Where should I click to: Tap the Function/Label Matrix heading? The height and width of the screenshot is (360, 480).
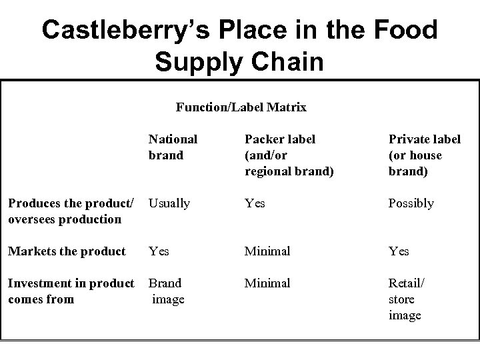point(241,107)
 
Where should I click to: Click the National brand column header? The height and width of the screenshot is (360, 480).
point(173,147)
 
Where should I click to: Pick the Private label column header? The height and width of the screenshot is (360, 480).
point(425,155)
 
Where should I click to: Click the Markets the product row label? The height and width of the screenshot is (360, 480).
point(66,251)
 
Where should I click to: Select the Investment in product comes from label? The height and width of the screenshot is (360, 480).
point(70,291)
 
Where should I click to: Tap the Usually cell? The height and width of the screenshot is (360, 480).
point(169,203)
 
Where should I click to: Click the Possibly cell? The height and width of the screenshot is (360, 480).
point(411,203)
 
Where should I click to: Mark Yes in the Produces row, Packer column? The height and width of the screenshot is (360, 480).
point(255,203)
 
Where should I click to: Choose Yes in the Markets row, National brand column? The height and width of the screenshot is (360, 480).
point(159,251)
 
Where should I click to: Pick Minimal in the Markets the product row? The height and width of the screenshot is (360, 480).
point(267,251)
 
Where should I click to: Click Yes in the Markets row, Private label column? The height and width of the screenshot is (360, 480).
point(399,251)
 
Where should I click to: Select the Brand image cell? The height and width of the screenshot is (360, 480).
point(167,291)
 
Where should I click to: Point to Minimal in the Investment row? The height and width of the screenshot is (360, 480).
point(267,283)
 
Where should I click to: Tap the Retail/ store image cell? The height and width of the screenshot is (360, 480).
point(406,299)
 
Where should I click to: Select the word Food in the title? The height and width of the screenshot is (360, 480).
point(404,31)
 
